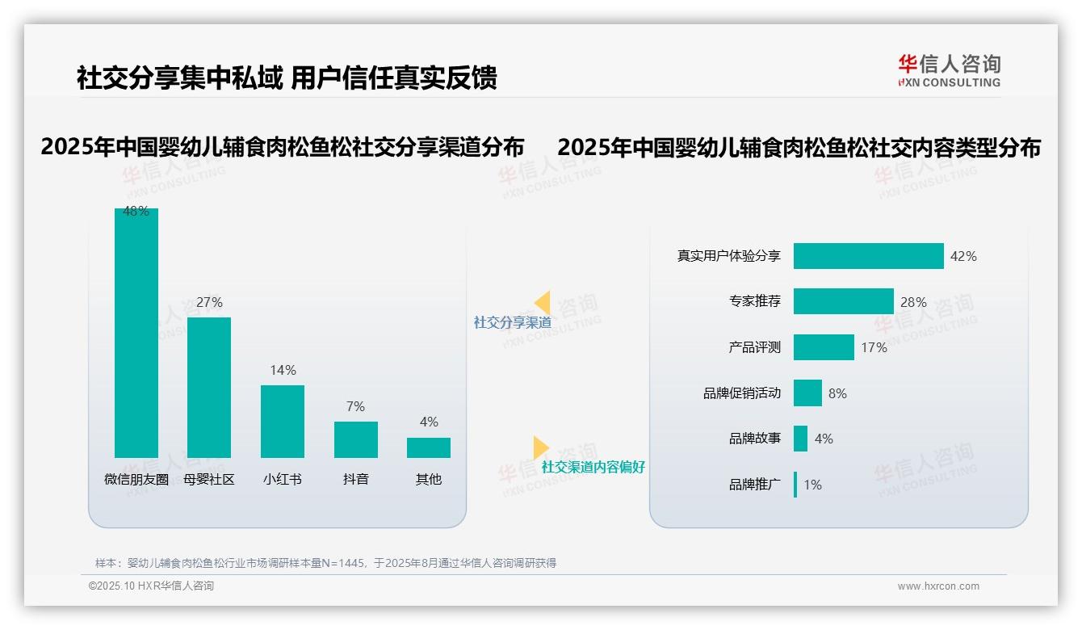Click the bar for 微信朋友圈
[136, 333]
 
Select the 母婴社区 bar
[209, 388]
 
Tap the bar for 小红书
[283, 422]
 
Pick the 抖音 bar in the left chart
[355, 439]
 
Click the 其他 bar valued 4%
[429, 447]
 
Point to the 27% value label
[209, 302]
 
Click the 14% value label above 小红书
[283, 370]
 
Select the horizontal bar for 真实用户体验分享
[868, 256]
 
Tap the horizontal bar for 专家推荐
[843, 301]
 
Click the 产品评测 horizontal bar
[824, 347]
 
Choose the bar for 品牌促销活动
[807, 393]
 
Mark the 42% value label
[963, 256]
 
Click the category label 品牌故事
[755, 439]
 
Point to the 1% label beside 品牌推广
[812, 485]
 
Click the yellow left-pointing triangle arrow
[542, 303]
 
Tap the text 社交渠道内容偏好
[593, 467]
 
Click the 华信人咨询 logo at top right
[949, 70]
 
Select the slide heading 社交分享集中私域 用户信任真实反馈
[287, 78]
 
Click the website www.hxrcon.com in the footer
[938, 586]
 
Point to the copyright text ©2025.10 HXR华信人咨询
[151, 586]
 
